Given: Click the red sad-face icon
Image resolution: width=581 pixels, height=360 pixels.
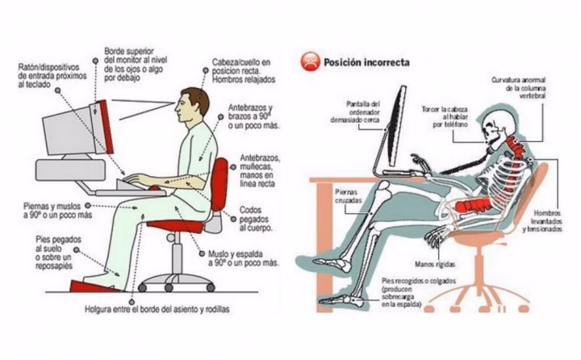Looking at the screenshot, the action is click(x=310, y=61).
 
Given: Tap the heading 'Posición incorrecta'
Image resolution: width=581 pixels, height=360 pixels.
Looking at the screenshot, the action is click(x=366, y=62).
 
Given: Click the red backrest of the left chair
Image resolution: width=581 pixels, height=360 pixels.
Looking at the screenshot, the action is click(x=219, y=184).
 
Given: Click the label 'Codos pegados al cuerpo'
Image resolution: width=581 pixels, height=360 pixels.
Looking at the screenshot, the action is click(x=256, y=219).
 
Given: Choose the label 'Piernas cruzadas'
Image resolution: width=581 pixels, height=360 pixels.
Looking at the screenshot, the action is click(x=349, y=196).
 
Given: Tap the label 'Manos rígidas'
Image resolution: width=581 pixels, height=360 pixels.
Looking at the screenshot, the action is click(x=435, y=264).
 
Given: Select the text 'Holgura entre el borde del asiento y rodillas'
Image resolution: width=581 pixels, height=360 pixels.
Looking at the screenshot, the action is click(x=157, y=309).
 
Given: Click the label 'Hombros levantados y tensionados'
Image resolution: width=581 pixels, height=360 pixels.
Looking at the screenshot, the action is click(x=543, y=221).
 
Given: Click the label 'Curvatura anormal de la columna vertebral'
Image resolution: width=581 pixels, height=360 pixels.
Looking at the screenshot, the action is click(x=519, y=87).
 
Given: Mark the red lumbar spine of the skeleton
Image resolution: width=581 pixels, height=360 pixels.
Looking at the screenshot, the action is click(x=473, y=206).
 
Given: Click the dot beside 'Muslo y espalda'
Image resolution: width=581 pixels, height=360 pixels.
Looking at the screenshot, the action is click(x=202, y=254).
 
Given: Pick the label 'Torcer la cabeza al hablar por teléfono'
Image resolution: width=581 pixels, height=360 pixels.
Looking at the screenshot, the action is click(x=445, y=117).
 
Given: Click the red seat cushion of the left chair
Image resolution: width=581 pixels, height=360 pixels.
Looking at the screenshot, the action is click(x=176, y=226).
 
